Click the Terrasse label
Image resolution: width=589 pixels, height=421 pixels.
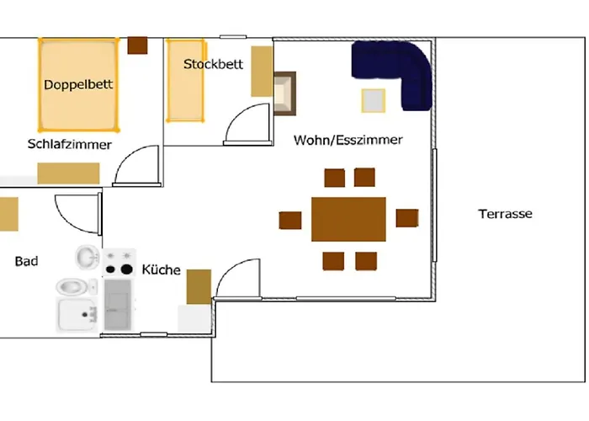[x=505, y=214]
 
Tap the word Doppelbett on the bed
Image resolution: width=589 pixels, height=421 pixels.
[x=78, y=84]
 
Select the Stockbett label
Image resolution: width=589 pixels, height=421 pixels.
[x=213, y=64]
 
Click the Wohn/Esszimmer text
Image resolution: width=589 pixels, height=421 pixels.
[x=348, y=140]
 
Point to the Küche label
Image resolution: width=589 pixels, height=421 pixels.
[x=162, y=269]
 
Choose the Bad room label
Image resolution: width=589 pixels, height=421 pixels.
[x=26, y=261]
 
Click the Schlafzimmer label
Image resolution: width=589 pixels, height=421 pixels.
[x=70, y=144]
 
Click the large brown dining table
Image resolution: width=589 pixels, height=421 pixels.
[x=348, y=219]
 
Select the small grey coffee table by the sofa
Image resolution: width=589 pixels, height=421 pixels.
[x=373, y=101]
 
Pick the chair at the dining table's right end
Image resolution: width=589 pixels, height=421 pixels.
[x=407, y=218]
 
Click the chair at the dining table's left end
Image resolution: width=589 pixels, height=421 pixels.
[x=290, y=221]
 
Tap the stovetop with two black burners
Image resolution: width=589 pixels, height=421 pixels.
[x=119, y=263]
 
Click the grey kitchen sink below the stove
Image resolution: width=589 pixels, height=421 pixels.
[x=118, y=305]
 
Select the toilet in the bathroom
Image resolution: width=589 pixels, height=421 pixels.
[x=77, y=287]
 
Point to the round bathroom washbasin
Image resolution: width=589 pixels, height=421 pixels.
[x=88, y=257]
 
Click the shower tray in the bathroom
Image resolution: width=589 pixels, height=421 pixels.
[x=77, y=315]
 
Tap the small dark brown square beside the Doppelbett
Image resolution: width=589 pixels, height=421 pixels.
[x=137, y=45]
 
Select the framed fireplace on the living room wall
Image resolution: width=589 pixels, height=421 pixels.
[x=284, y=93]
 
